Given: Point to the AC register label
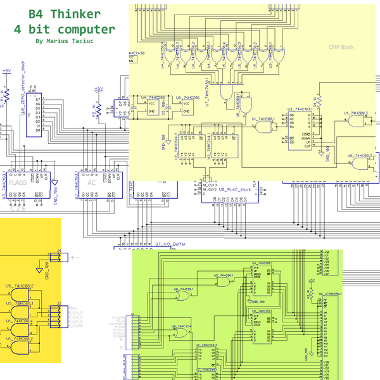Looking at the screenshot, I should pyautogui.click(x=92, y=182).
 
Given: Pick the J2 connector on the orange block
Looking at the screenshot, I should pyautogui.click(x=58, y=314).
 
